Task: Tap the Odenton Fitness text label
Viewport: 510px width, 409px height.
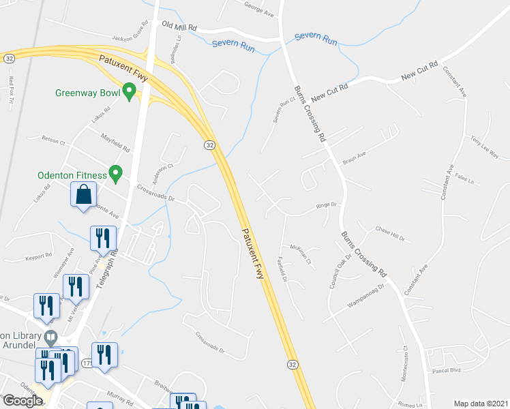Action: tap(72, 175)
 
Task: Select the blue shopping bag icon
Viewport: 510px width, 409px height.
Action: tap(84, 195)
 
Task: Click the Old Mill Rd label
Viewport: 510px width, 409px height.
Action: tap(179, 26)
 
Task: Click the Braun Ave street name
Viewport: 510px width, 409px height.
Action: tap(355, 160)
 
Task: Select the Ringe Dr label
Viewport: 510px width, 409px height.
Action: tap(326, 205)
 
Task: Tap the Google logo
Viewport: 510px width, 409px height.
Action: tap(22, 400)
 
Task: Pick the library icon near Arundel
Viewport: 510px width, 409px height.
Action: tap(50, 337)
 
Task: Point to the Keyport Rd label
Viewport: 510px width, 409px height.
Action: tap(39, 256)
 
